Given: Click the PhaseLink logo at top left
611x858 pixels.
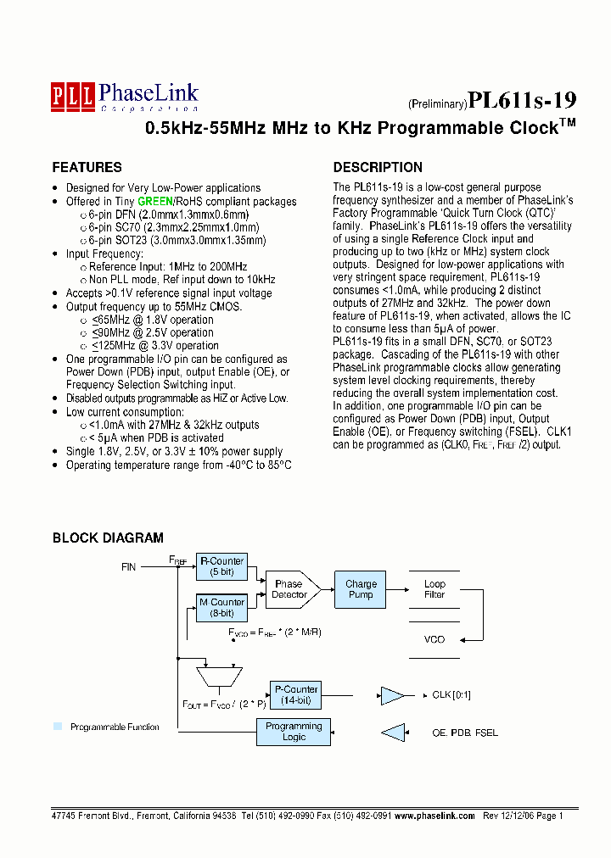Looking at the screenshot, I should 125,96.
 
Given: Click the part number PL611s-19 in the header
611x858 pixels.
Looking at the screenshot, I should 524,102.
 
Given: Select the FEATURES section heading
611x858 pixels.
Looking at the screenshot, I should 87,167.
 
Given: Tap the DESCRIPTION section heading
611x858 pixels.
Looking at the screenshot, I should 378,167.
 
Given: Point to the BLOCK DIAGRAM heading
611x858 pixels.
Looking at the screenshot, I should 108,538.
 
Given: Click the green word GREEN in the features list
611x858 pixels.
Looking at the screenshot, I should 155,202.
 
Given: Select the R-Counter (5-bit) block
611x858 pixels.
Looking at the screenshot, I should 221,566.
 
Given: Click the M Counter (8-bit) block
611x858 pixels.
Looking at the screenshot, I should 221,607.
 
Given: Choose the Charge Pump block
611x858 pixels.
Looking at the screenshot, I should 361,589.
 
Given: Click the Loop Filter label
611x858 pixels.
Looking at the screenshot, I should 434,589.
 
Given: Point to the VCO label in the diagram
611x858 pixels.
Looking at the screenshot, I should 434,639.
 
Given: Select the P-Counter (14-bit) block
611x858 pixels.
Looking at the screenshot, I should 294,694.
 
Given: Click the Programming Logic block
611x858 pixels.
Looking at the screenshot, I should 294,732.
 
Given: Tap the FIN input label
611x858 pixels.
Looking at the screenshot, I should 128,565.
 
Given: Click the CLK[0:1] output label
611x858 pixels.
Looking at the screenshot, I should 451,695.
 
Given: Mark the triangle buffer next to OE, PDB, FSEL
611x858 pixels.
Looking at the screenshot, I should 393,733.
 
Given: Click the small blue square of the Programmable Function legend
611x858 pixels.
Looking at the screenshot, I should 58,727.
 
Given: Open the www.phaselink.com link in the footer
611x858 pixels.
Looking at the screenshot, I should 434,815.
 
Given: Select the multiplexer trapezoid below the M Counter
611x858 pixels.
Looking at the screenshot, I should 219,677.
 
